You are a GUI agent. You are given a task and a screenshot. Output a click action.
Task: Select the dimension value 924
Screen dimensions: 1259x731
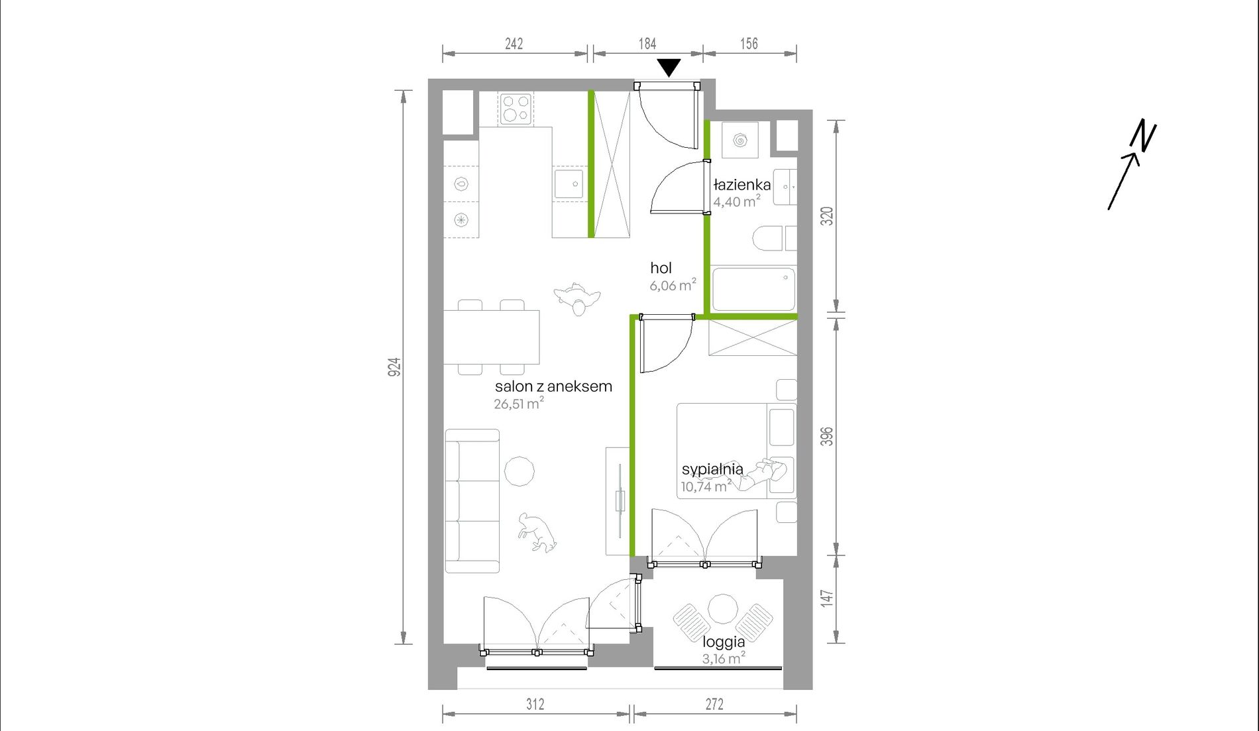pos(394,367)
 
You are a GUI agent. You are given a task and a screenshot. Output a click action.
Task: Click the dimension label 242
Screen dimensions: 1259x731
pos(514,44)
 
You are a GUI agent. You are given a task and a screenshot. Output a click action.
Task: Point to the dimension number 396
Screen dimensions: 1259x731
pos(827,436)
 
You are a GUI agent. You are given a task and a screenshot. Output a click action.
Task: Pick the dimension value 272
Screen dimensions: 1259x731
pos(714,704)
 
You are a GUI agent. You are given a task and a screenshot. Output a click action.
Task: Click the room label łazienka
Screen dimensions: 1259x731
pos(742,185)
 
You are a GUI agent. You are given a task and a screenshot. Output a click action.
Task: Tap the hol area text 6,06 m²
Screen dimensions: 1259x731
pos(673,285)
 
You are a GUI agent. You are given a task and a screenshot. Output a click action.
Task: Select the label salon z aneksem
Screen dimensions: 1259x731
pos(553,386)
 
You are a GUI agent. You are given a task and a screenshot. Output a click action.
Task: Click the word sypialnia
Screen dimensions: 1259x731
pos(712,469)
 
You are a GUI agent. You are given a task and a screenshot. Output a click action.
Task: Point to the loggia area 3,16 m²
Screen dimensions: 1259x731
pos(724,658)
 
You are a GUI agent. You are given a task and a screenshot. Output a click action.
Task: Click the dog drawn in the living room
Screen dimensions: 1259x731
pos(537,532)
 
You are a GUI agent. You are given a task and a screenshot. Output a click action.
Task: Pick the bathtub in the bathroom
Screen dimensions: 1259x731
pos(753,289)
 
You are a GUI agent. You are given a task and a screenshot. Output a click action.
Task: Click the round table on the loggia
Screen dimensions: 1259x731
pos(723,609)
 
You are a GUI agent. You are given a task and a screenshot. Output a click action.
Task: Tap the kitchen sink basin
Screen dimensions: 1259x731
pos(569,184)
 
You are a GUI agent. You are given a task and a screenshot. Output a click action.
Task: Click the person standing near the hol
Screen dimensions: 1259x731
pos(577,299)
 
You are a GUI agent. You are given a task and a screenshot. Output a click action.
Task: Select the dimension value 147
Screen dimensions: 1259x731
pos(827,598)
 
